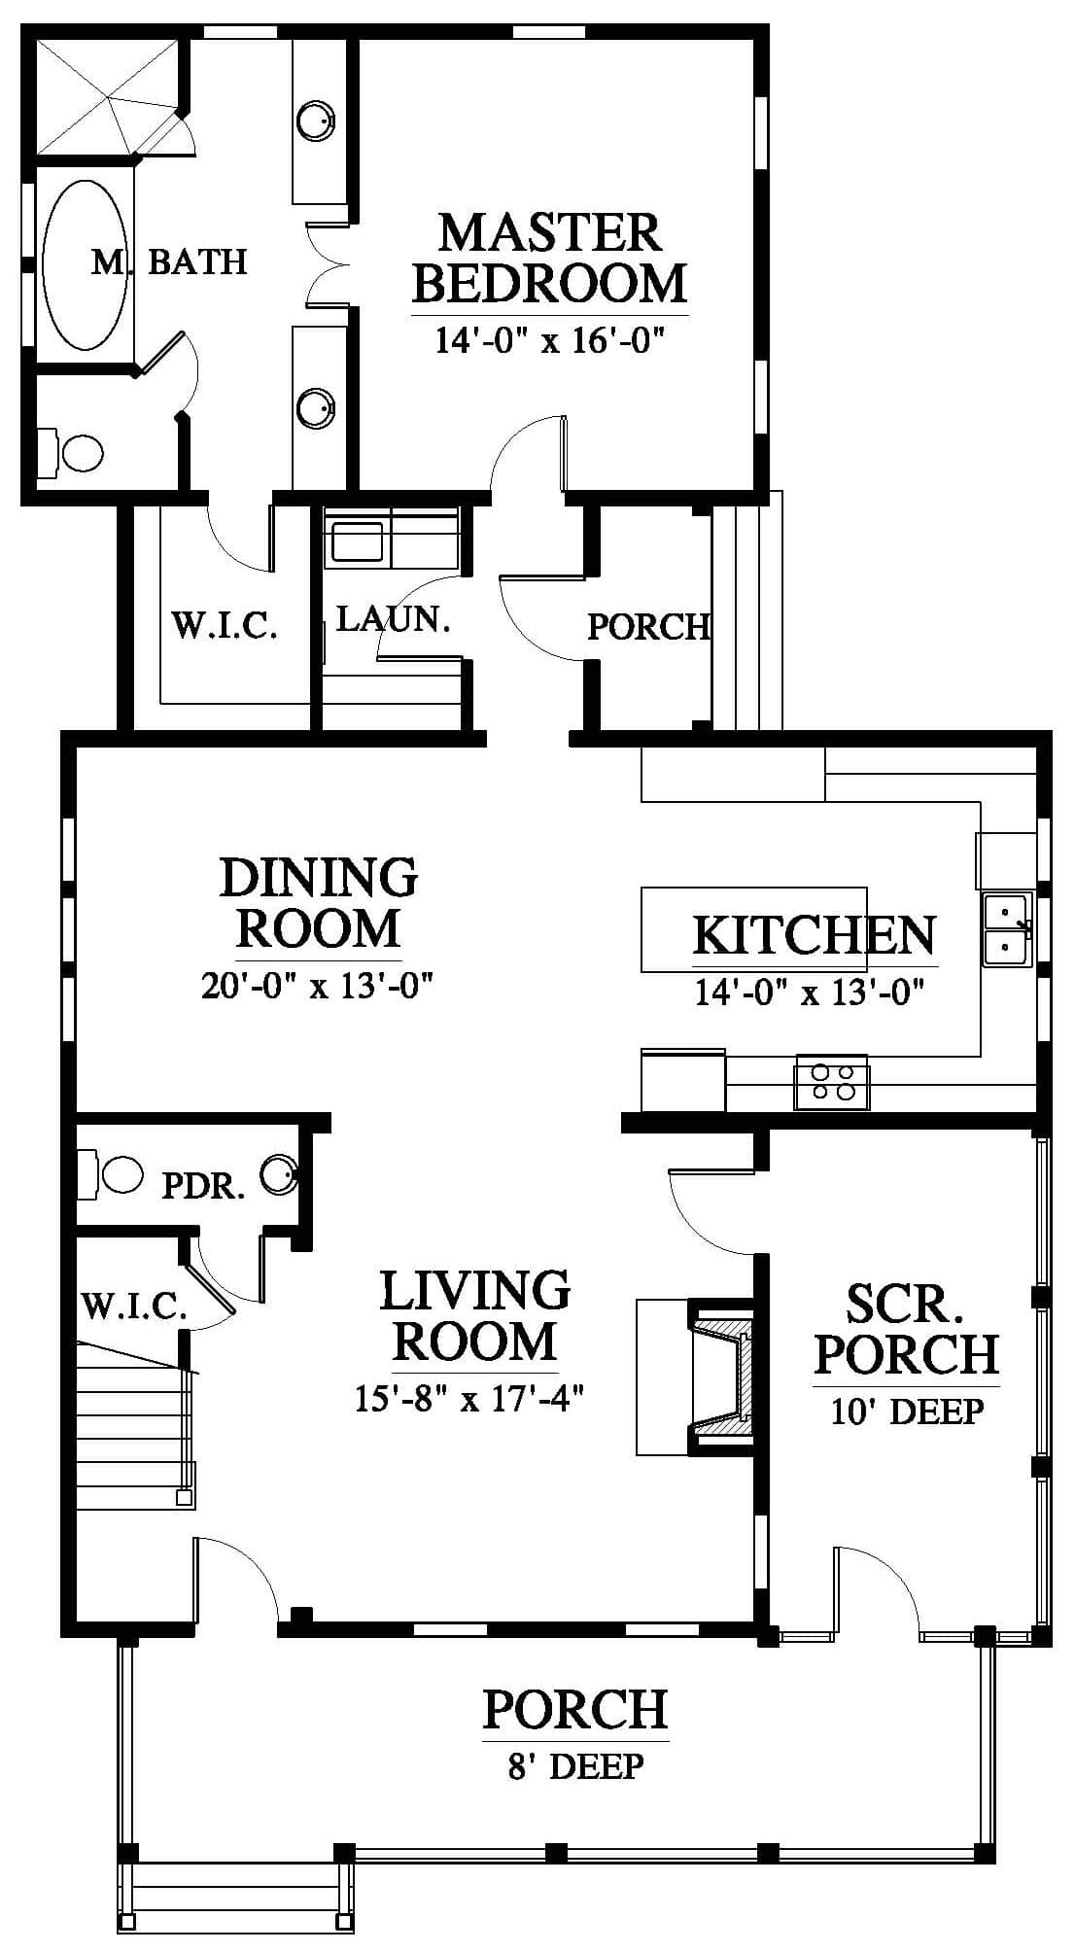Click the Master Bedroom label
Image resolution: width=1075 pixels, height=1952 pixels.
(x=550, y=259)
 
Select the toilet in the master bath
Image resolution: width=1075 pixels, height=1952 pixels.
(x=71, y=452)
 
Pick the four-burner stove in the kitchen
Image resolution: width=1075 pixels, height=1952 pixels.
(x=832, y=1081)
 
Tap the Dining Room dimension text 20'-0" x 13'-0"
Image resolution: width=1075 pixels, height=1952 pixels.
(x=317, y=986)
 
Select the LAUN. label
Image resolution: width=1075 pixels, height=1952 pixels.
(x=394, y=619)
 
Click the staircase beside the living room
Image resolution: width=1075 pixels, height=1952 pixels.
(x=136, y=1426)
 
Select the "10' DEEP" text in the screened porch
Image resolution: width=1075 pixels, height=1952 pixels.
(x=907, y=1411)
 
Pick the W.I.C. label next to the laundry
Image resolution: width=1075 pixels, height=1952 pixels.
(x=225, y=624)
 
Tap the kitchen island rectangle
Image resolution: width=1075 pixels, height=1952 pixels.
(x=753, y=929)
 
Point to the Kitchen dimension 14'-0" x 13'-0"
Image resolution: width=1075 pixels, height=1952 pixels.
(x=809, y=993)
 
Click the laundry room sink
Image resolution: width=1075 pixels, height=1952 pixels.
(x=357, y=541)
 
